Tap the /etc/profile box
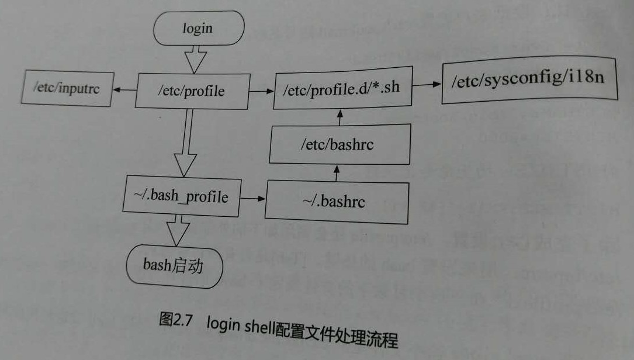pyautogui.click(x=192, y=91)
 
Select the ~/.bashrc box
pyautogui.click(x=337, y=202)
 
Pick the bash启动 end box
pyautogui.click(x=174, y=266)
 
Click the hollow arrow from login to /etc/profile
pyautogui.click(x=195, y=58)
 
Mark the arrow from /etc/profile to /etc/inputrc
pyautogui.click(x=124, y=90)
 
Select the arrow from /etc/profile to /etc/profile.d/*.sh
pyautogui.click(x=260, y=91)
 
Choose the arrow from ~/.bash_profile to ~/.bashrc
pyautogui.click(x=252, y=199)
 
